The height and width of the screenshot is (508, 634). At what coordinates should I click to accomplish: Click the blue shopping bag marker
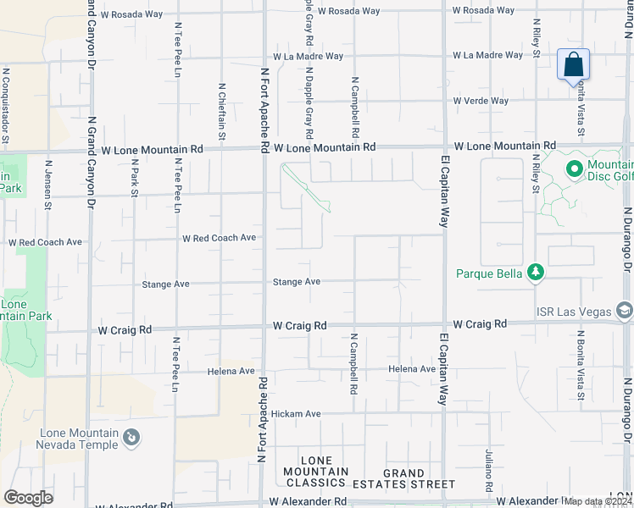pyautogui.click(x=574, y=64)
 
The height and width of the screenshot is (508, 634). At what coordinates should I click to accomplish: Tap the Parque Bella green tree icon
pyautogui.click(x=535, y=273)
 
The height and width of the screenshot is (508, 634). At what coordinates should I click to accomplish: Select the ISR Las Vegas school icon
pyautogui.click(x=625, y=311)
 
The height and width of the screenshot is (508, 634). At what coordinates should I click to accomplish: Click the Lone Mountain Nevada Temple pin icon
pyautogui.click(x=131, y=437)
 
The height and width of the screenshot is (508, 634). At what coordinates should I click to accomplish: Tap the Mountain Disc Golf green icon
pyautogui.click(x=574, y=170)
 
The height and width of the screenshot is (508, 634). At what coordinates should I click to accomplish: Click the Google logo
pyautogui.click(x=28, y=498)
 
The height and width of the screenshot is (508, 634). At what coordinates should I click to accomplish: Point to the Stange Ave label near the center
pyautogui.click(x=296, y=281)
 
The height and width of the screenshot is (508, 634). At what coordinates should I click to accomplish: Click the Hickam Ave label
pyautogui.click(x=296, y=414)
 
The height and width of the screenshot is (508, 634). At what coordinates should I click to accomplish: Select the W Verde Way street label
pyautogui.click(x=480, y=101)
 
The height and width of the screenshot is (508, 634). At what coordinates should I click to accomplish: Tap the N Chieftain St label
pyautogui.click(x=223, y=111)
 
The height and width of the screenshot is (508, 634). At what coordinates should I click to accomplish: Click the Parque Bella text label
pyautogui.click(x=488, y=273)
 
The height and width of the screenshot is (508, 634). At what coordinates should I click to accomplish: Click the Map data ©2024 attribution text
pyautogui.click(x=597, y=501)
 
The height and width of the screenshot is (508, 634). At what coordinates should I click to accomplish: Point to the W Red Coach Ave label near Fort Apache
pyautogui.click(x=219, y=238)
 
